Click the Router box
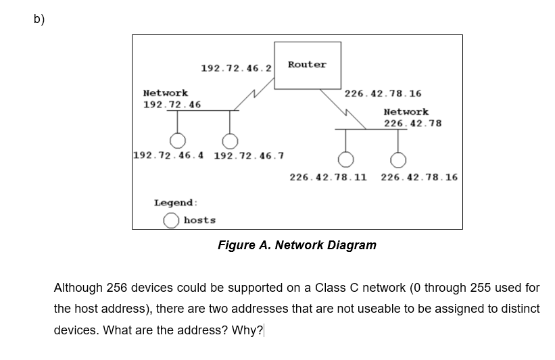point(307,65)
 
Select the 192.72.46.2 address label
point(236,68)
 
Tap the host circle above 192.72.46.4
point(178,140)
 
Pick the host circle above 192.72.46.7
point(231,140)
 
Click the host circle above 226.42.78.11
point(346,159)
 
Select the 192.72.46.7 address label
point(249,156)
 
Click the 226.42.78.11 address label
point(328,178)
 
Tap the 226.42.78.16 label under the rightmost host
point(419,178)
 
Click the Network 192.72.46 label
point(172,99)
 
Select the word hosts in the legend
point(199,220)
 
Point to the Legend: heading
point(176,203)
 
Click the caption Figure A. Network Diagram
point(297,245)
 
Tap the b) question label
point(39,19)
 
